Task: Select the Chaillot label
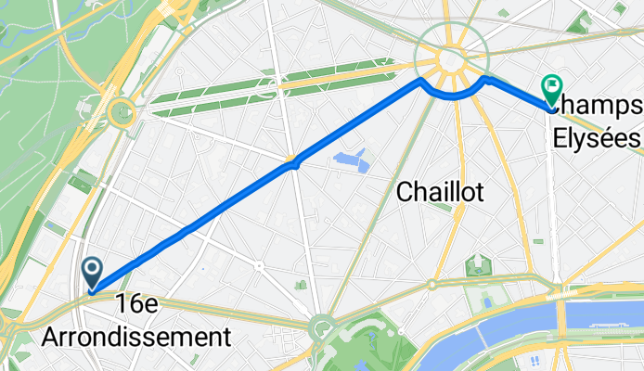pos(442,191)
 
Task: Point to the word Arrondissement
pos(135,335)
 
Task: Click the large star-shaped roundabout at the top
pos(451,58)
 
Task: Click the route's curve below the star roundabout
pos(453,95)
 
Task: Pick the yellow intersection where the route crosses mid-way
pos(293,163)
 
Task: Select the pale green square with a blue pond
pos(487,301)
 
